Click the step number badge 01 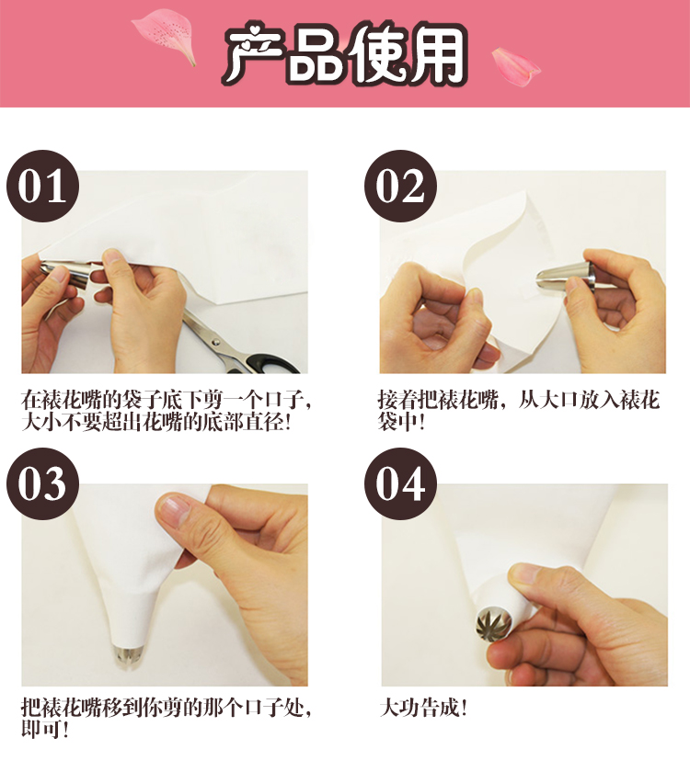(43, 186)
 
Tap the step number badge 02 (401, 186)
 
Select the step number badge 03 (43, 484)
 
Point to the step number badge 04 (401, 484)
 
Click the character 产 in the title (254, 54)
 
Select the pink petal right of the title (515, 67)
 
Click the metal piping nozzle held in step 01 (66, 272)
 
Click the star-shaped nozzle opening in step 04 (494, 624)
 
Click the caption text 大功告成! (423, 708)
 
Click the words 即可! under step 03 (44, 729)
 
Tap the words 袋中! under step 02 (401, 422)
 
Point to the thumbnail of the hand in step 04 (524, 573)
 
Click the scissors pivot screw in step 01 (215, 341)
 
